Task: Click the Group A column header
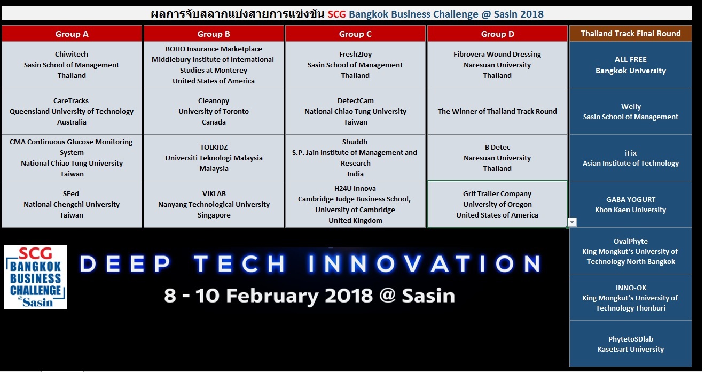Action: pos(72,34)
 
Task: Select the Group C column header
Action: pos(355,34)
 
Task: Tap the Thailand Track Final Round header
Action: pos(631,33)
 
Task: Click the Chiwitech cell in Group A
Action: pos(72,65)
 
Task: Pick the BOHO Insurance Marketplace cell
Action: pos(214,65)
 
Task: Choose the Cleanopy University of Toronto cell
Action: pos(214,111)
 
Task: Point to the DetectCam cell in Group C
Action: pos(355,111)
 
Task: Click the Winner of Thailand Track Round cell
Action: pos(497,111)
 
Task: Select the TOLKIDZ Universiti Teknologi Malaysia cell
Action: pos(214,158)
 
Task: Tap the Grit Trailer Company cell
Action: pos(497,204)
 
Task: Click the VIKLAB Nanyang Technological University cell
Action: pos(214,204)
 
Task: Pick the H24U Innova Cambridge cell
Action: pos(355,204)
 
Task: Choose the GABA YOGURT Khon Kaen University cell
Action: pos(631,204)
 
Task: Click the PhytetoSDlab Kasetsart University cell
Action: pos(631,344)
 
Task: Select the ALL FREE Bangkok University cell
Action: pos(631,65)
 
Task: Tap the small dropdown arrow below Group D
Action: pos(572,222)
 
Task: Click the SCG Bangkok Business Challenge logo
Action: pos(36,277)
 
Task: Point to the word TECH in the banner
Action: pos(240,263)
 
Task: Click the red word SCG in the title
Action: pos(336,14)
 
